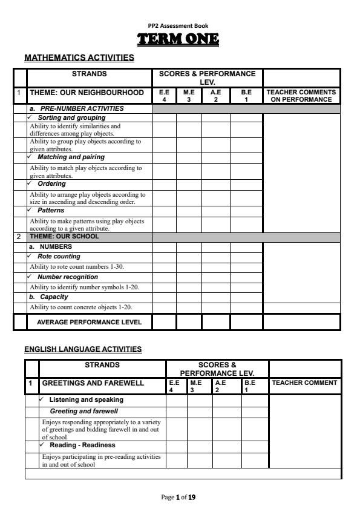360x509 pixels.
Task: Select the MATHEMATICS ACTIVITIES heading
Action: point(79,59)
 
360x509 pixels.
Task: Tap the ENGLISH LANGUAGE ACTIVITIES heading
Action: point(83,349)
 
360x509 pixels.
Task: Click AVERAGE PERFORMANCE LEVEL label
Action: point(90,322)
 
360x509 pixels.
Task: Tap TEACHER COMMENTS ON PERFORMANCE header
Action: point(301,96)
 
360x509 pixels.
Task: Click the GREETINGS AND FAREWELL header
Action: point(93,383)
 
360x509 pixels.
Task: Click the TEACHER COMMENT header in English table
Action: point(304,383)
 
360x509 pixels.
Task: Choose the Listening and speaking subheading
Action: point(86,400)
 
